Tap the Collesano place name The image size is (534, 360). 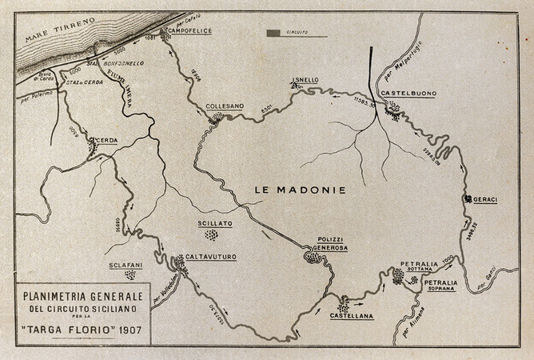[x=219, y=106]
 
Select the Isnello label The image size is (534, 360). [x=305, y=80]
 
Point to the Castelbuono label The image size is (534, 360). [x=408, y=94]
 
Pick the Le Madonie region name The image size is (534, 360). [x=300, y=190]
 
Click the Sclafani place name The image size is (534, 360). [x=127, y=265]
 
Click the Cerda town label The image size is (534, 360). [x=107, y=141]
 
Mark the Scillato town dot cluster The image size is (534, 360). [x=211, y=235]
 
